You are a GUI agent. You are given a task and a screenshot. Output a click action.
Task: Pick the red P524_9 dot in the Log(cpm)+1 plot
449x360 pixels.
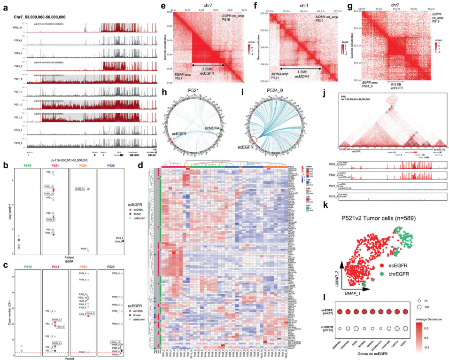[88, 189]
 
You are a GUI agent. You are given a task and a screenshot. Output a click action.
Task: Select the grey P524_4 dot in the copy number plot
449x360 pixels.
[88, 274]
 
